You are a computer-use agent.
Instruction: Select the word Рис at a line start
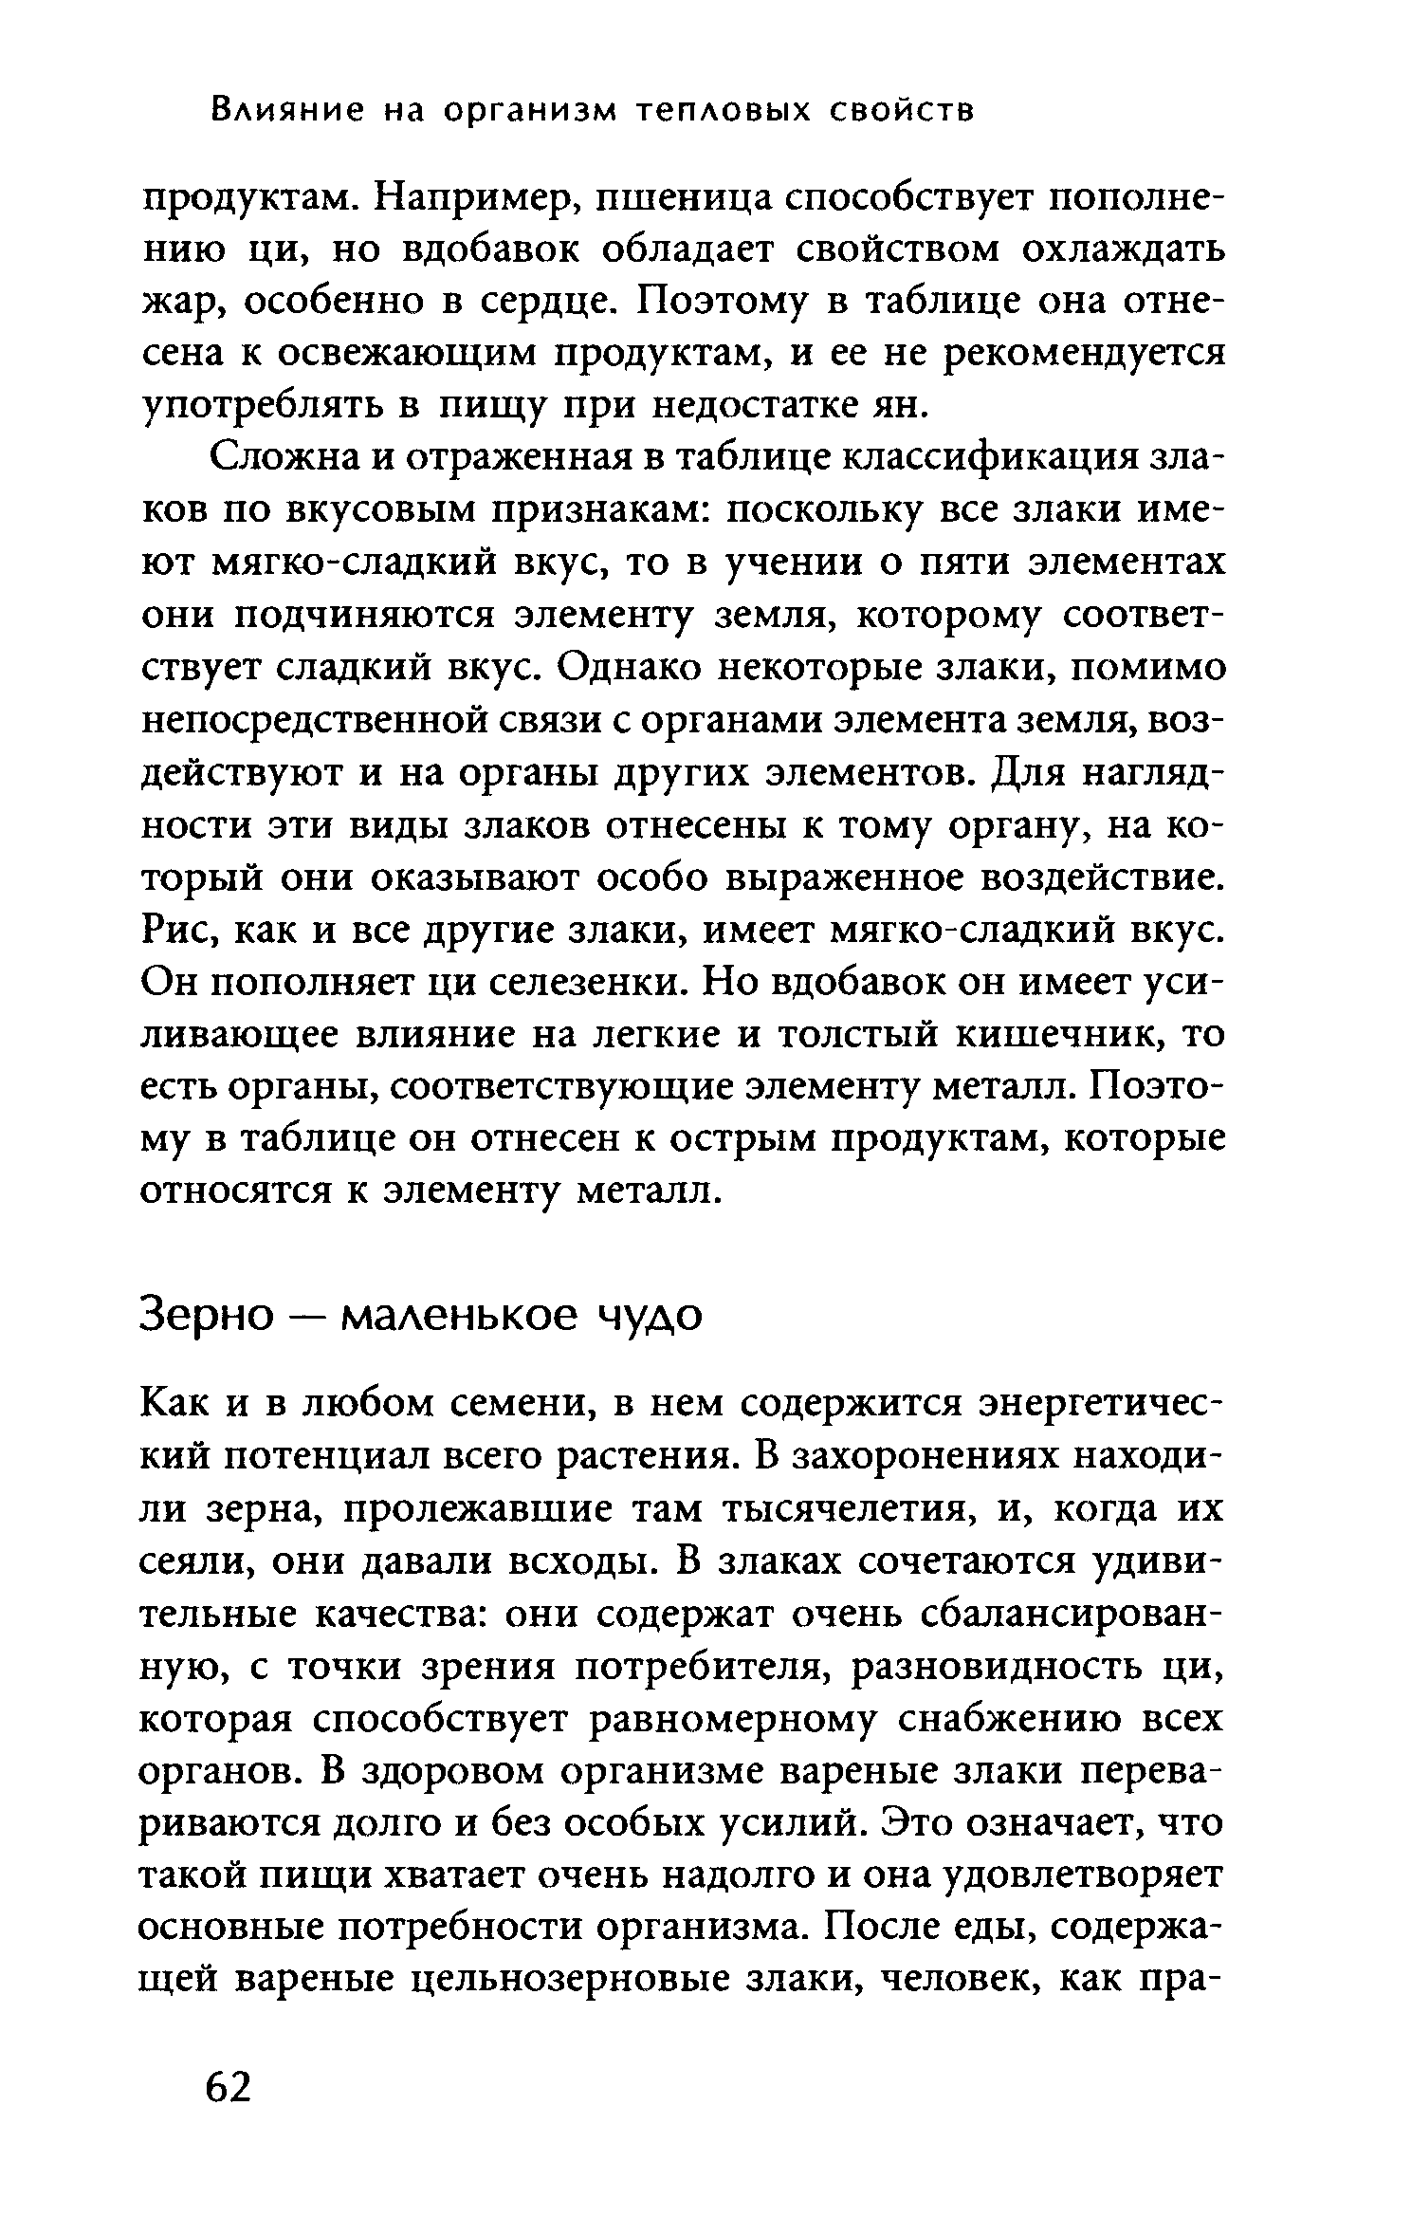point(174,930)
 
